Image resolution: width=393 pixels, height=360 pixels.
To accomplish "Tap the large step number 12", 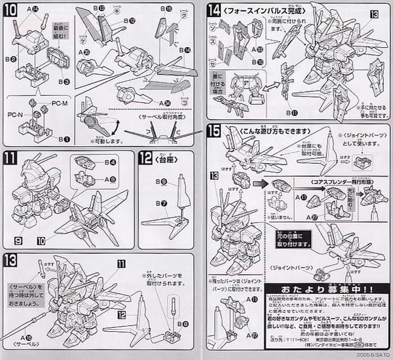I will pos(146,157).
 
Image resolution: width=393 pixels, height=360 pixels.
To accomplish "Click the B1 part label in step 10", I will pos(63,139).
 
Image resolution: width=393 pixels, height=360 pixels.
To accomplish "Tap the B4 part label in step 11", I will pos(112,162).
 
